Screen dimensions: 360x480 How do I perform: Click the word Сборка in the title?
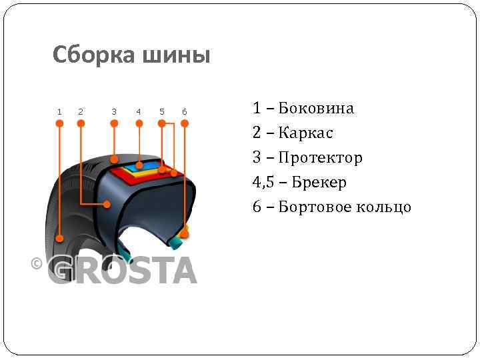point(93,55)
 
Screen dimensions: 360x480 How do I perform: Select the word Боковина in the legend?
point(316,108)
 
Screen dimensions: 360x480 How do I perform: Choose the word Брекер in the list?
point(319,182)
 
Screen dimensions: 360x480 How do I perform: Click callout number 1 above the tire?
point(59,111)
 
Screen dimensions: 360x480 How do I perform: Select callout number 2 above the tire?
point(81,111)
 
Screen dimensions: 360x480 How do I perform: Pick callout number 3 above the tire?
point(114,111)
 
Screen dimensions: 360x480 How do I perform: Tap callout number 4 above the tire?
point(139,111)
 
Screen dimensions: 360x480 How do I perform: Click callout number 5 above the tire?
point(161,111)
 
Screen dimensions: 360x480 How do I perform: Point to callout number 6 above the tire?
point(185,111)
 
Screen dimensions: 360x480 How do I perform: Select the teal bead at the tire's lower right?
point(177,238)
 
